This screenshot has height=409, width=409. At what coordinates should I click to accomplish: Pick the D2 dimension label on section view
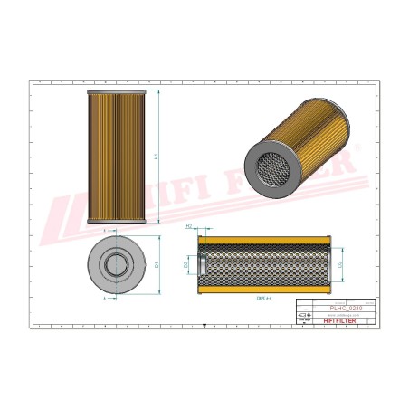pos(338,264)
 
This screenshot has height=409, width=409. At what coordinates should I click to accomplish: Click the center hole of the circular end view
pos(119,265)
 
